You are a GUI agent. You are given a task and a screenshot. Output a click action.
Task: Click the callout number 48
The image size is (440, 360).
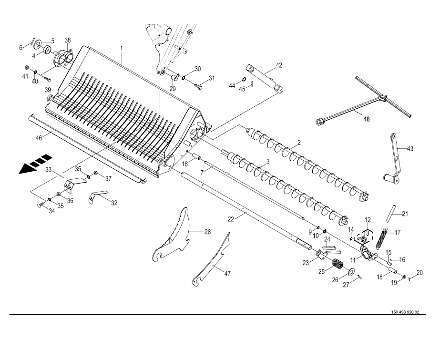tap(366, 119)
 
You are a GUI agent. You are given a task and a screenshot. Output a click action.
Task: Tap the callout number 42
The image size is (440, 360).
tap(279, 65)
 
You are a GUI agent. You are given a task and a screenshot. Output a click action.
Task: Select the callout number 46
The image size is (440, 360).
tap(39, 137)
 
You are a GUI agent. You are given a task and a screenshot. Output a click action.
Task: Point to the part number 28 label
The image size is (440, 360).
tap(207, 232)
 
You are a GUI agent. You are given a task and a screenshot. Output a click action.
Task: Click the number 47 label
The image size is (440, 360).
tap(227, 273)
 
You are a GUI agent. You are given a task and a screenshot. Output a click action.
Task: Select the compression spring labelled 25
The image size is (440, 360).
tap(338, 264)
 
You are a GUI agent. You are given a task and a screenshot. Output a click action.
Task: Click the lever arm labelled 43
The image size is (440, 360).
tap(393, 160)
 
